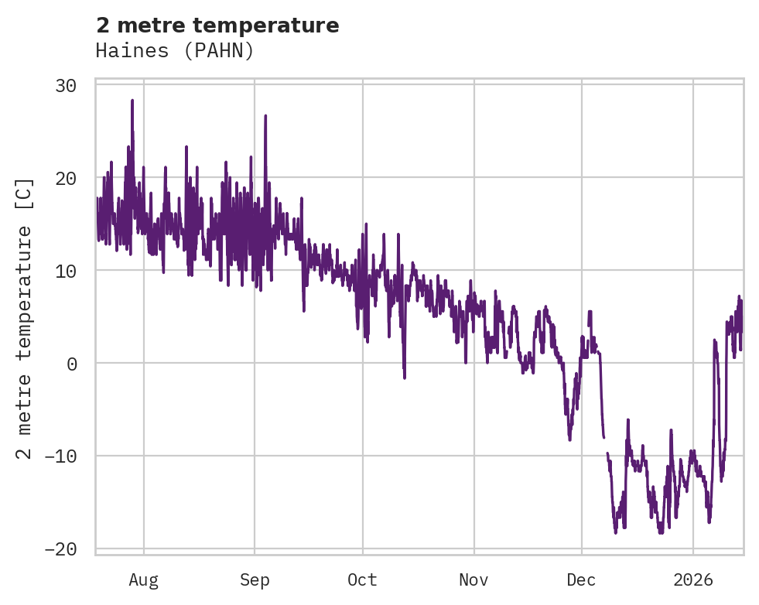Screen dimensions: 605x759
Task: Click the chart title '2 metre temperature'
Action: [217, 26]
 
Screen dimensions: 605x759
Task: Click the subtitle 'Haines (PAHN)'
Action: [175, 51]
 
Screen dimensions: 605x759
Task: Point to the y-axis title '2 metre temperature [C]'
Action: [25, 318]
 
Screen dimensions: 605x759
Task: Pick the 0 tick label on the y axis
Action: [72, 364]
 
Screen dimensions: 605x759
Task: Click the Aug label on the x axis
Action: [143, 580]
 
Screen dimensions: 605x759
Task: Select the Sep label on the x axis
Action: [254, 580]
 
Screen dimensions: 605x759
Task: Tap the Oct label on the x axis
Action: [362, 580]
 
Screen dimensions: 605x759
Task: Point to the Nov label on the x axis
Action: [474, 580]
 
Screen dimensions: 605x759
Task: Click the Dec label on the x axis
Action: [581, 580]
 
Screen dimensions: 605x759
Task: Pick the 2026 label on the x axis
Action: [693, 580]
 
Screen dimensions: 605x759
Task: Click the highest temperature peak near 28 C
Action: [132, 101]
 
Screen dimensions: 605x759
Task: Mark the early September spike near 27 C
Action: [265, 116]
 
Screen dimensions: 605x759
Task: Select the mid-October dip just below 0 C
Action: [404, 378]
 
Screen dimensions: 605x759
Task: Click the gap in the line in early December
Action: [605, 445]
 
